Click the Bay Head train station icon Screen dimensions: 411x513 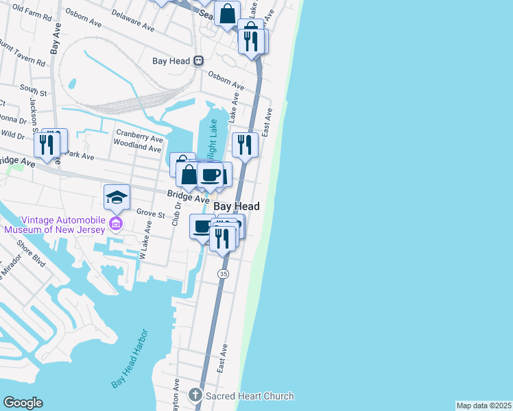coord(198,60)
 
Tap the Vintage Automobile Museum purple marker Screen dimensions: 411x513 coord(116,224)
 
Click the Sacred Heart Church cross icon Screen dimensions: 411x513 coord(195,395)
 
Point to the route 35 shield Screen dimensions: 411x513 coord(223,273)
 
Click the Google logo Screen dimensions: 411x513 coord(23,403)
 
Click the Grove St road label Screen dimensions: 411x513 coord(151,214)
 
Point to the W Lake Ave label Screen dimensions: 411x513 coord(145,240)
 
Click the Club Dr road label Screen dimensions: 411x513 coord(176,214)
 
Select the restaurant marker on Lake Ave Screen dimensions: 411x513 coord(245,145)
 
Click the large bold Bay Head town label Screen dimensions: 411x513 coord(237,206)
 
